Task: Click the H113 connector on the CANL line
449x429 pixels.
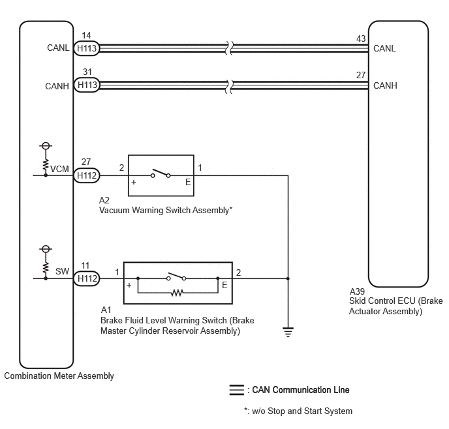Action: click(87, 48)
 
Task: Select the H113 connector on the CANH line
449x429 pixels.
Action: click(87, 85)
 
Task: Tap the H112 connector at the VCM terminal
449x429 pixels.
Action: click(87, 175)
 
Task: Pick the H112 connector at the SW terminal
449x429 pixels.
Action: click(87, 278)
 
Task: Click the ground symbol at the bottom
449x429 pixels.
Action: click(288, 332)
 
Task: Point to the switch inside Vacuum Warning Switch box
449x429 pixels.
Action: click(161, 173)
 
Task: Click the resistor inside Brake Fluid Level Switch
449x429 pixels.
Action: click(177, 293)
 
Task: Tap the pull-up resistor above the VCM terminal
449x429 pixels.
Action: click(46, 165)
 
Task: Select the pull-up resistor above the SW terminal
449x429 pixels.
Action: click(46, 268)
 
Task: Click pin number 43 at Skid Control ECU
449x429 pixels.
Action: click(361, 38)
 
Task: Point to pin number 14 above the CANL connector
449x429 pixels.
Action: click(86, 35)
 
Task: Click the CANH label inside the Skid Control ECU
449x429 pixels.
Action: click(385, 85)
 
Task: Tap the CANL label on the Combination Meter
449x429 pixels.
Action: click(58, 48)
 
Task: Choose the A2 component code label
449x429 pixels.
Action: click(104, 200)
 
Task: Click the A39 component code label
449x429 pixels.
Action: click(357, 291)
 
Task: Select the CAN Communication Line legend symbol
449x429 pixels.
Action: click(236, 390)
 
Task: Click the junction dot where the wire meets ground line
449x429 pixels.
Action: click(288, 278)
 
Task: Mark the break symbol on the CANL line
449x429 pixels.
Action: click(229, 48)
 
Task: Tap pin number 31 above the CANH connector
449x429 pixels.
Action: click(87, 72)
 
